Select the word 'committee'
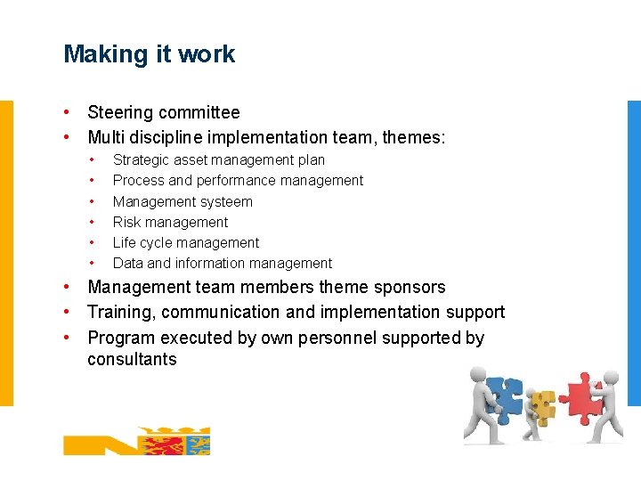(x=198, y=113)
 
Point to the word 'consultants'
(x=132, y=360)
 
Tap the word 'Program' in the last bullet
(x=120, y=338)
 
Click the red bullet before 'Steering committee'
(x=68, y=113)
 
